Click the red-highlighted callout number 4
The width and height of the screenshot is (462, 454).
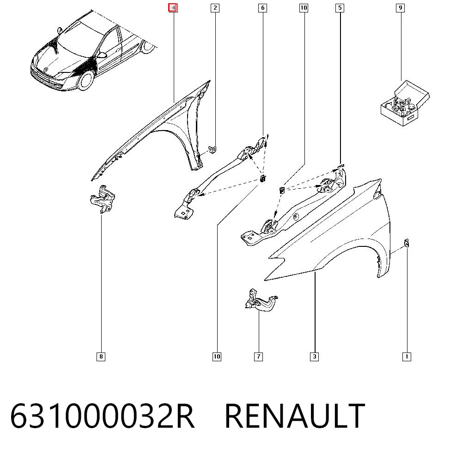click(173, 8)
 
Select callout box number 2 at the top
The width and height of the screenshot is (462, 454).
click(215, 8)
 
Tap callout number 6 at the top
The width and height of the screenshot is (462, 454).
click(262, 8)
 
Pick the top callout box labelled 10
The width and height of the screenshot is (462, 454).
click(304, 8)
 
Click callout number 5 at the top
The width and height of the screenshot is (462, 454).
click(340, 8)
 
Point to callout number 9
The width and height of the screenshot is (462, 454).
click(400, 8)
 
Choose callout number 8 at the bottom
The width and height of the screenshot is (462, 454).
click(101, 357)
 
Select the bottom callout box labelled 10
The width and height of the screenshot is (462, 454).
click(217, 357)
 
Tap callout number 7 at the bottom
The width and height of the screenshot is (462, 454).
click(258, 357)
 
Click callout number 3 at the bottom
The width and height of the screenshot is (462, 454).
click(314, 357)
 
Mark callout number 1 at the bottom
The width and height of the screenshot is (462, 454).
click(407, 357)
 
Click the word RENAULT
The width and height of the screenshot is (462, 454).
click(295, 416)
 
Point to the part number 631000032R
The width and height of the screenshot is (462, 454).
click(103, 416)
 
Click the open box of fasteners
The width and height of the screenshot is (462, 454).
click(405, 103)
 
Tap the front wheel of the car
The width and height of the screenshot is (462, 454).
click(86, 80)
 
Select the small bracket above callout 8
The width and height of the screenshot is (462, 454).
click(103, 199)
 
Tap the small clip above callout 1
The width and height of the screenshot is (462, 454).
click(407, 243)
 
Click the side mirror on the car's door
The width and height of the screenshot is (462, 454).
click(102, 55)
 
